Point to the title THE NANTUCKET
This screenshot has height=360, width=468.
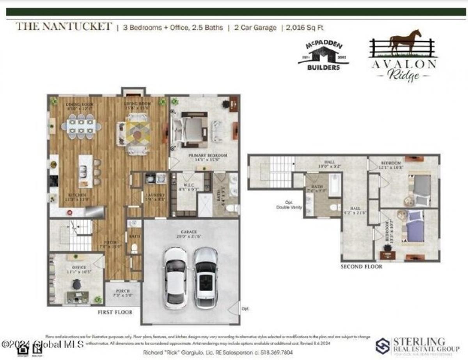[63, 27]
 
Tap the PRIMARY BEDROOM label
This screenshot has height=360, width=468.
[207, 155]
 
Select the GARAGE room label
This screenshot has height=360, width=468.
[190, 233]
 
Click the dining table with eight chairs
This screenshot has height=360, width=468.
[81, 126]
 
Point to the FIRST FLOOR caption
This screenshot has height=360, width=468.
[115, 312]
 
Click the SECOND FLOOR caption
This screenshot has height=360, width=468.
[361, 267]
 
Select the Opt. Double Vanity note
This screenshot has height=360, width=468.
[289, 205]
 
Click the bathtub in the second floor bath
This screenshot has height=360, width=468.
[335, 185]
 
